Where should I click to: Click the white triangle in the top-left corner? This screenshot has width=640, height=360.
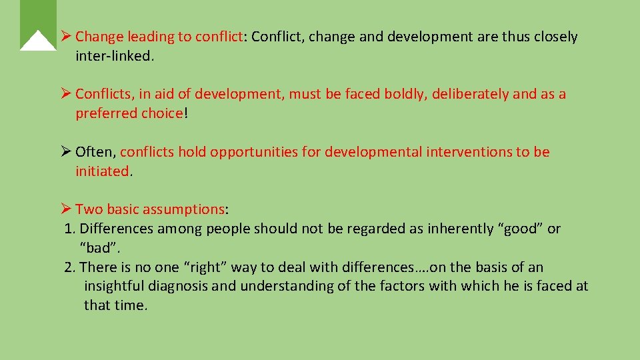coord(38,42)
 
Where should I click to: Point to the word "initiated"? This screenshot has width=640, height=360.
coord(102,171)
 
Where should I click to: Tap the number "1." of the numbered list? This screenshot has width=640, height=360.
coord(70,229)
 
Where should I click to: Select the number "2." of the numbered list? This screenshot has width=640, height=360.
coord(70,267)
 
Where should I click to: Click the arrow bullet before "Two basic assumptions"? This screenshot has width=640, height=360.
coord(66,209)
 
